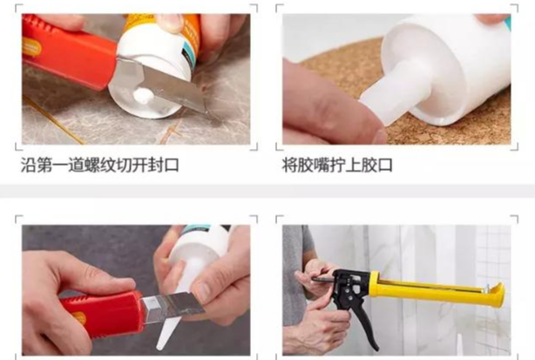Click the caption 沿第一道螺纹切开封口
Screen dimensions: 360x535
[99, 165]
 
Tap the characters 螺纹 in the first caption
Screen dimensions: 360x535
[99, 165]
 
